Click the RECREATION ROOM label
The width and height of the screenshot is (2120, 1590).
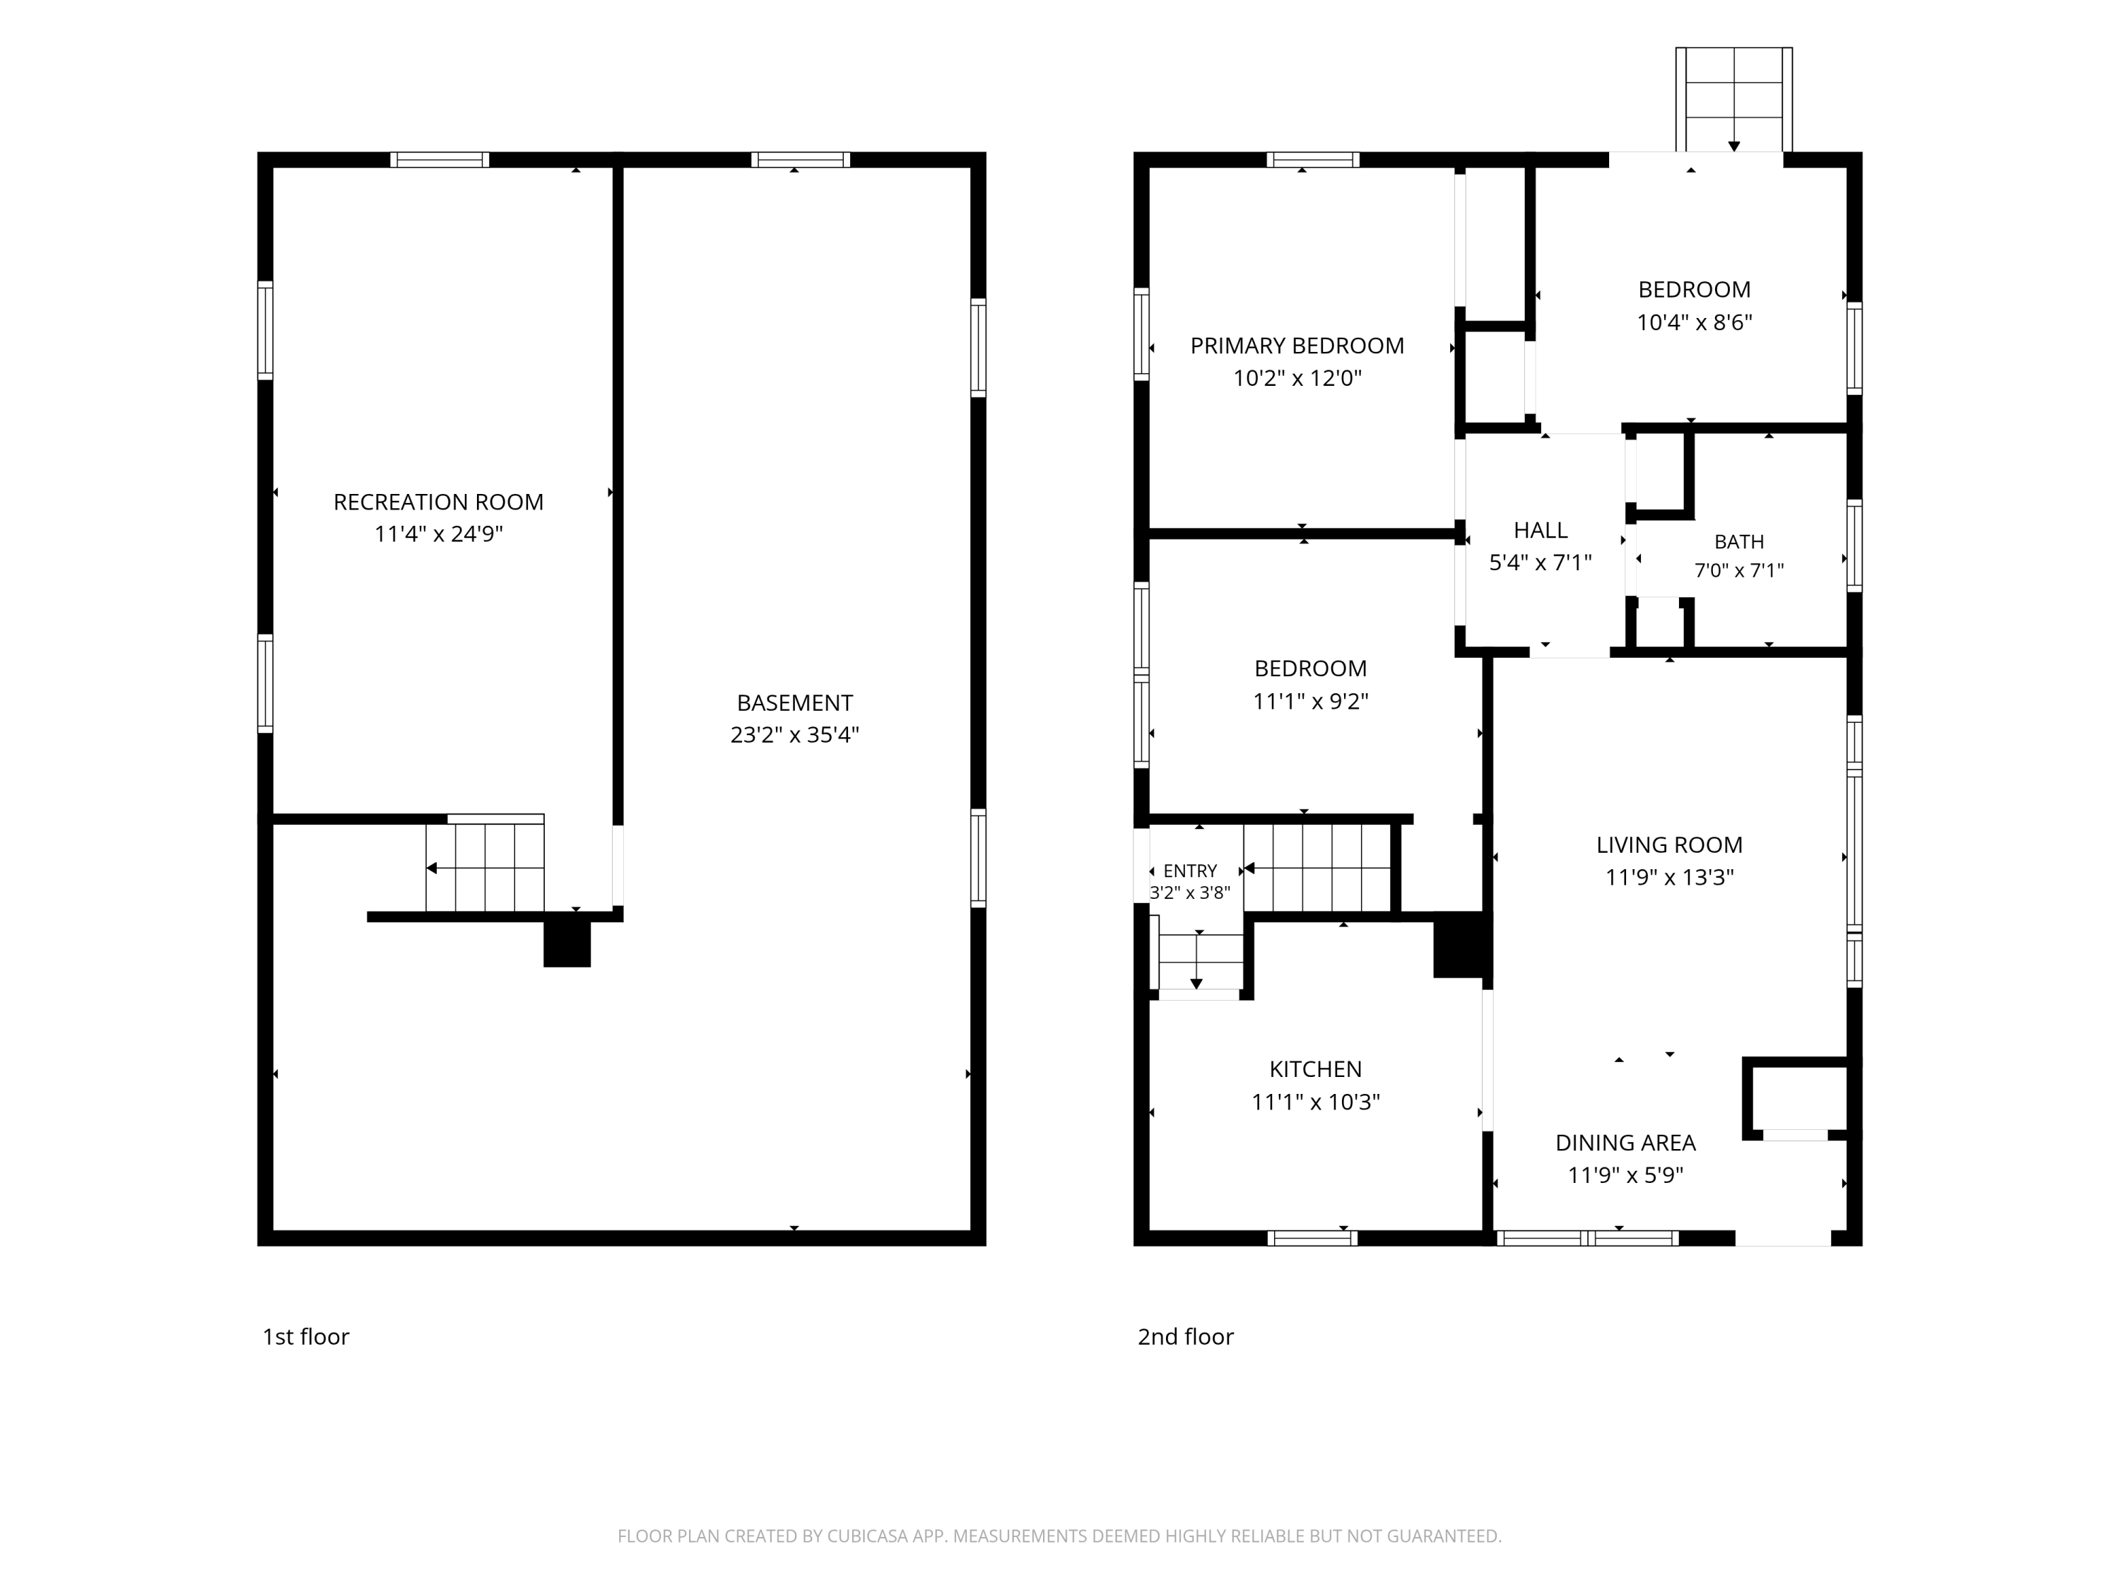click(438, 502)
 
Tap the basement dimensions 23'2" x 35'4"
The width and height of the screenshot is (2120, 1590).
click(794, 735)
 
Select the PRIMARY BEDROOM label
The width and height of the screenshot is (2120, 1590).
click(1297, 346)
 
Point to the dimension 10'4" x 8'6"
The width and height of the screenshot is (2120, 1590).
click(1695, 322)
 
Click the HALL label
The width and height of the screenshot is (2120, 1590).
click(1540, 530)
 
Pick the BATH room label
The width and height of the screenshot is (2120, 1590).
click(1738, 541)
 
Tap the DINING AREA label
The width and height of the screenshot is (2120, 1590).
click(1625, 1143)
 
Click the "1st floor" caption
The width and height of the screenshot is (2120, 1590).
click(306, 1336)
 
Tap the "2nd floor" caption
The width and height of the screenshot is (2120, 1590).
click(1186, 1336)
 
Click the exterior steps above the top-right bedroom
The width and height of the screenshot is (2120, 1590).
click(1733, 100)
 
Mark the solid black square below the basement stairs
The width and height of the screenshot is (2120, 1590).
click(567, 944)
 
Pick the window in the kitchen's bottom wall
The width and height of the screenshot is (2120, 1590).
click(1312, 1238)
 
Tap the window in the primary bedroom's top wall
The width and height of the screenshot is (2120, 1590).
click(1313, 160)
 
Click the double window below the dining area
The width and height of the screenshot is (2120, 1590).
click(1587, 1238)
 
